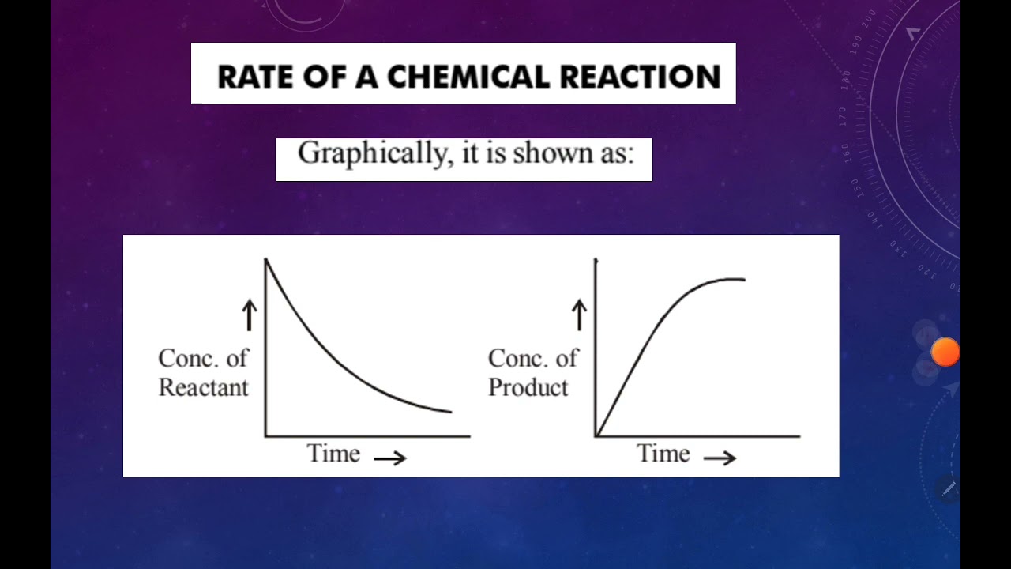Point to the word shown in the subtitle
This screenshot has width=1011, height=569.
coord(548,153)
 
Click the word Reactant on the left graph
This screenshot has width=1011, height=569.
coord(203,387)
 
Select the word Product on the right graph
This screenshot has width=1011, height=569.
coord(528,387)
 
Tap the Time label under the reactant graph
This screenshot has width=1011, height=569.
coord(333,454)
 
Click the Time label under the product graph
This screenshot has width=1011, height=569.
coord(663,454)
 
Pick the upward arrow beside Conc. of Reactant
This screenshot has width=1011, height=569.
coord(250,315)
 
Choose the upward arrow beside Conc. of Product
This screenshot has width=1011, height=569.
coord(579,315)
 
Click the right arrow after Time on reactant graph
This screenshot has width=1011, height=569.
coord(390,458)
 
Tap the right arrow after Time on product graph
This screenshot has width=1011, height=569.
coord(720,458)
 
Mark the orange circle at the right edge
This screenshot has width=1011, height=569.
coord(945,352)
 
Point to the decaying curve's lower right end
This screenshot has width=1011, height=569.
coord(449,411)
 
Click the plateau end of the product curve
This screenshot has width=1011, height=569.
coord(742,279)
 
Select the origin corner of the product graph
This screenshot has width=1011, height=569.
coord(596,435)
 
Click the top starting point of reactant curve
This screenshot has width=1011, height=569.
coord(266,259)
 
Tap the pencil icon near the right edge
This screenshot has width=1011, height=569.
coord(949,488)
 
